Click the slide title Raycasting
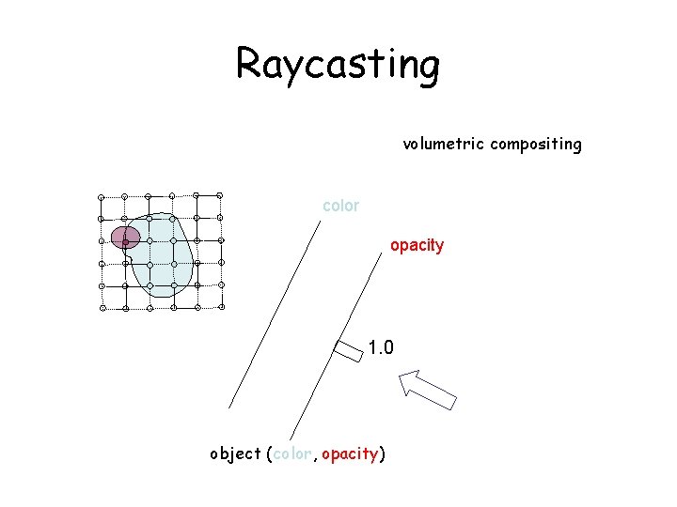coord(338,65)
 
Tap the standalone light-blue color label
coord(340,206)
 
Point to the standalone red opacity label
coord(417,245)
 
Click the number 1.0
coord(381,348)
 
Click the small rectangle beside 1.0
coord(348,350)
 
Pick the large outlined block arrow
coord(427,389)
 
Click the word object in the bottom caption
coord(235,454)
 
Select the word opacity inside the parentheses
coord(349,454)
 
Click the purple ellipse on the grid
coord(125,237)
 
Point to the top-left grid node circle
coord(102,196)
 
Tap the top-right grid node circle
coord(220,195)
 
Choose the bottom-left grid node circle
coord(103,308)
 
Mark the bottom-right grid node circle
coord(222,305)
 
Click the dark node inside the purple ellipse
coord(125,241)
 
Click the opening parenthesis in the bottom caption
coord(270,454)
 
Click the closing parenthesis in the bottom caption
coord(381,454)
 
